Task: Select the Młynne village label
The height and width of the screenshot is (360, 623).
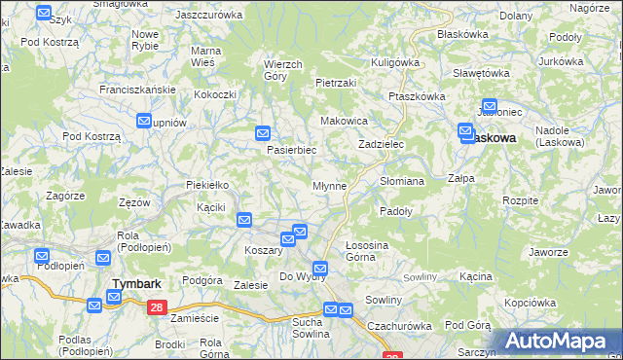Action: (x=329, y=185)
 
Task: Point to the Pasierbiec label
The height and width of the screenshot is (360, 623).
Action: (x=292, y=151)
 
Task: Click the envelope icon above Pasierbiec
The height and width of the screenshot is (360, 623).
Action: (x=263, y=133)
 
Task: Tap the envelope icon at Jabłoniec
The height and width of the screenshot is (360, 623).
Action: (x=489, y=107)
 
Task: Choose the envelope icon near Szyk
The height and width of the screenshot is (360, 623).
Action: (x=45, y=14)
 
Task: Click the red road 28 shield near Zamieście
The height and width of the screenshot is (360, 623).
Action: (x=157, y=306)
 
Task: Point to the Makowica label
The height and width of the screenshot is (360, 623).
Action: (x=344, y=121)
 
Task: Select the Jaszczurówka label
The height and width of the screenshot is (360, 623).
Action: (x=207, y=16)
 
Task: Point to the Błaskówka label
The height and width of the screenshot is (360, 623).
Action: (x=462, y=34)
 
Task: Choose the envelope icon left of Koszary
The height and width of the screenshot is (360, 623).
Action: (x=244, y=221)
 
